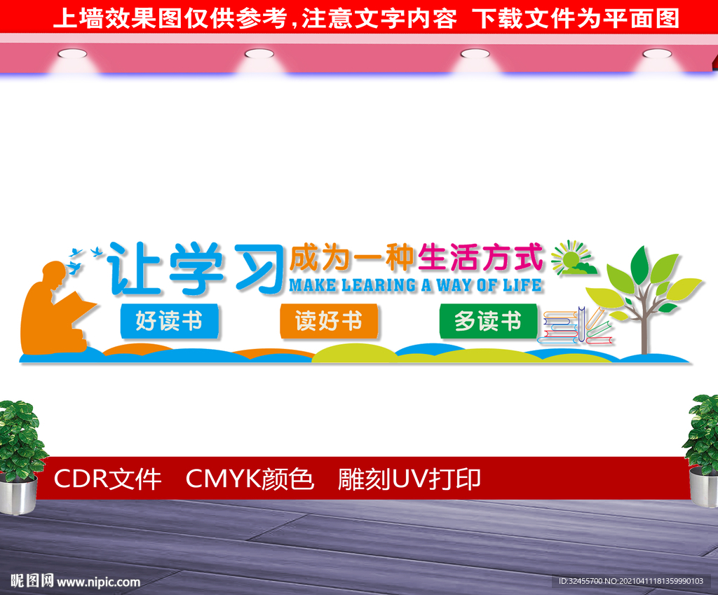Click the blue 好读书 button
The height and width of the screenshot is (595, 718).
[x=169, y=321]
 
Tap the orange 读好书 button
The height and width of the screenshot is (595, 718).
[x=329, y=321]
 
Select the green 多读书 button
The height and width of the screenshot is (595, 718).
[x=488, y=321]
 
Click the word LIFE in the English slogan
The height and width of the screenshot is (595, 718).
[x=526, y=285]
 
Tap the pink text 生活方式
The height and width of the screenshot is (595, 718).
[x=480, y=258]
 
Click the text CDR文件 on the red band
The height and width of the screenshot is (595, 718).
[x=107, y=479]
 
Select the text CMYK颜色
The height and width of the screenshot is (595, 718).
[x=250, y=479]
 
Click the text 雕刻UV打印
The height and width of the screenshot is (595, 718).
[x=409, y=479]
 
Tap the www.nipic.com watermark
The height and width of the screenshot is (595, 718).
[x=98, y=582]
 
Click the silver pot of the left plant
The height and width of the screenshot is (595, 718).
[x=18, y=495]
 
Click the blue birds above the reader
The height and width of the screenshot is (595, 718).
[x=85, y=252]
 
